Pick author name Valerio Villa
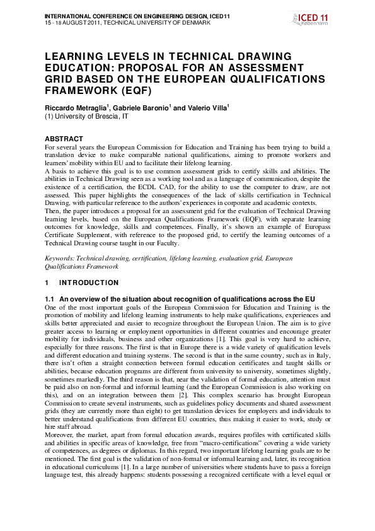point(207,108)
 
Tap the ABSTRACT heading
point(64,139)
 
